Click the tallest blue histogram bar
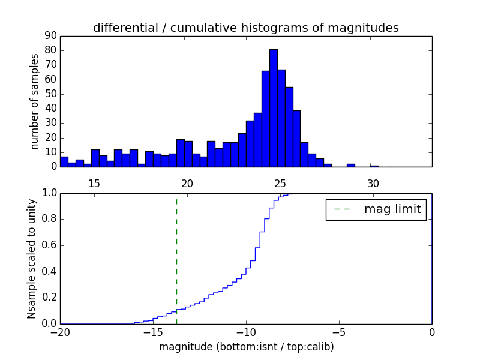click(x=273, y=108)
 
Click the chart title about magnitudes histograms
click(x=245, y=28)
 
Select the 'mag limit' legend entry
click(x=376, y=209)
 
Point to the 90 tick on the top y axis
click(x=50, y=36)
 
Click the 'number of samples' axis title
click(x=35, y=101)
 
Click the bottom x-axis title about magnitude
click(x=246, y=347)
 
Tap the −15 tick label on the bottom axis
click(x=152, y=332)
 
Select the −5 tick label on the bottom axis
click(x=338, y=332)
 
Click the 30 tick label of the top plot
click(x=373, y=183)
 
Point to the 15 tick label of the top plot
click(x=94, y=183)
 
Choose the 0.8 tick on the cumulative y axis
click(x=49, y=219)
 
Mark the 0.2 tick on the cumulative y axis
click(x=49, y=298)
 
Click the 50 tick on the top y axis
click(x=50, y=94)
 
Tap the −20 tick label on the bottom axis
click(x=60, y=332)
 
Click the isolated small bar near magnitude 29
click(x=350, y=165)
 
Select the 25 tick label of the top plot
click(x=280, y=183)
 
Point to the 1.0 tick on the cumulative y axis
click(x=49, y=193)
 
